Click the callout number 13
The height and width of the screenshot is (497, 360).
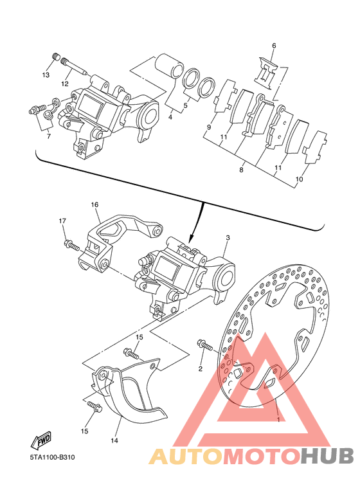[x=46, y=75]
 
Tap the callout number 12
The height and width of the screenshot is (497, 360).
[x=65, y=84]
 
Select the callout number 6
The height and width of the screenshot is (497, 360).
[x=274, y=46]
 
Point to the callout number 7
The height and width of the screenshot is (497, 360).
[x=48, y=136]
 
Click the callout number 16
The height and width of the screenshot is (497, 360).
[x=94, y=204]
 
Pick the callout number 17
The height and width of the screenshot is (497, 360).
[x=62, y=221]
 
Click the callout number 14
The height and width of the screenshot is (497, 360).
[x=114, y=440]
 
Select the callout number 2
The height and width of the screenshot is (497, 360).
[x=200, y=368]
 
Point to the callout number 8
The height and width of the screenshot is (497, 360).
[x=241, y=170]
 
